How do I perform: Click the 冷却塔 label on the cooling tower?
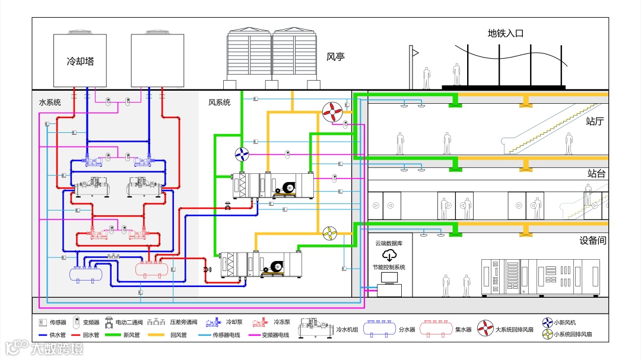point(80,61)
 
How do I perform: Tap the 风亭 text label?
point(335,58)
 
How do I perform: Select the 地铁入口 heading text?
point(506,34)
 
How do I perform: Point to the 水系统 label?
point(50,103)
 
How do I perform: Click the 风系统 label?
point(219,103)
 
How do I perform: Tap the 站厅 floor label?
point(595,122)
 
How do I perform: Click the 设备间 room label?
point(592,241)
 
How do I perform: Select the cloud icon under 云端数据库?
point(389,255)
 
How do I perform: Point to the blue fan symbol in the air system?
point(243,154)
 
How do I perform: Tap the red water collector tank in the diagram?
point(152,268)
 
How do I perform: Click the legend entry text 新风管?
point(131,335)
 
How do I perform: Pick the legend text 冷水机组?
point(347,329)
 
